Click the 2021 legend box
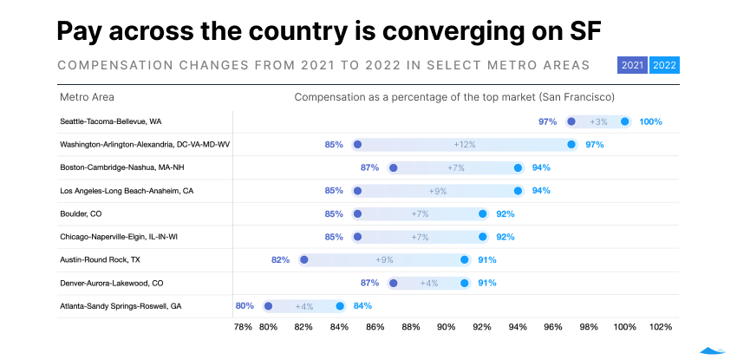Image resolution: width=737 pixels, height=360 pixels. [x=632, y=65]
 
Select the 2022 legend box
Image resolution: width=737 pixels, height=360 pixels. [x=665, y=65]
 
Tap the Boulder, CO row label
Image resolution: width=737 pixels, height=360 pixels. [x=81, y=213]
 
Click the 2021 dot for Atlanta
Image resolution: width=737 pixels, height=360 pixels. [x=268, y=305]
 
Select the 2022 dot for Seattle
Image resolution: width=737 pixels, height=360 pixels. [x=625, y=121]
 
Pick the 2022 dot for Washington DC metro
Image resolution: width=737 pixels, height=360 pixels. [x=571, y=144]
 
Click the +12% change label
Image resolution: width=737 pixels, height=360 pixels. [x=465, y=144]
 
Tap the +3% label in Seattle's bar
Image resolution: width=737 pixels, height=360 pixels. [x=598, y=121]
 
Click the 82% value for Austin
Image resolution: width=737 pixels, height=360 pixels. [x=280, y=259]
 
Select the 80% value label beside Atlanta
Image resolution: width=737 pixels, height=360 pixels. [x=245, y=305]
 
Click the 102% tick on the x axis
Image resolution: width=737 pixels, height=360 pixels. [x=661, y=327]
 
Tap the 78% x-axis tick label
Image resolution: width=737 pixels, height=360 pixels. [x=244, y=327]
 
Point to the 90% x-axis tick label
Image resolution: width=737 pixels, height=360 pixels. [x=447, y=327]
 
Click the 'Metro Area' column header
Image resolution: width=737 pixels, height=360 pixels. [x=87, y=97]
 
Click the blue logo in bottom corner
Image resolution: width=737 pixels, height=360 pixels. [x=713, y=350]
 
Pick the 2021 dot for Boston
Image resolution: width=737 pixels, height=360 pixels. [x=393, y=167]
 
